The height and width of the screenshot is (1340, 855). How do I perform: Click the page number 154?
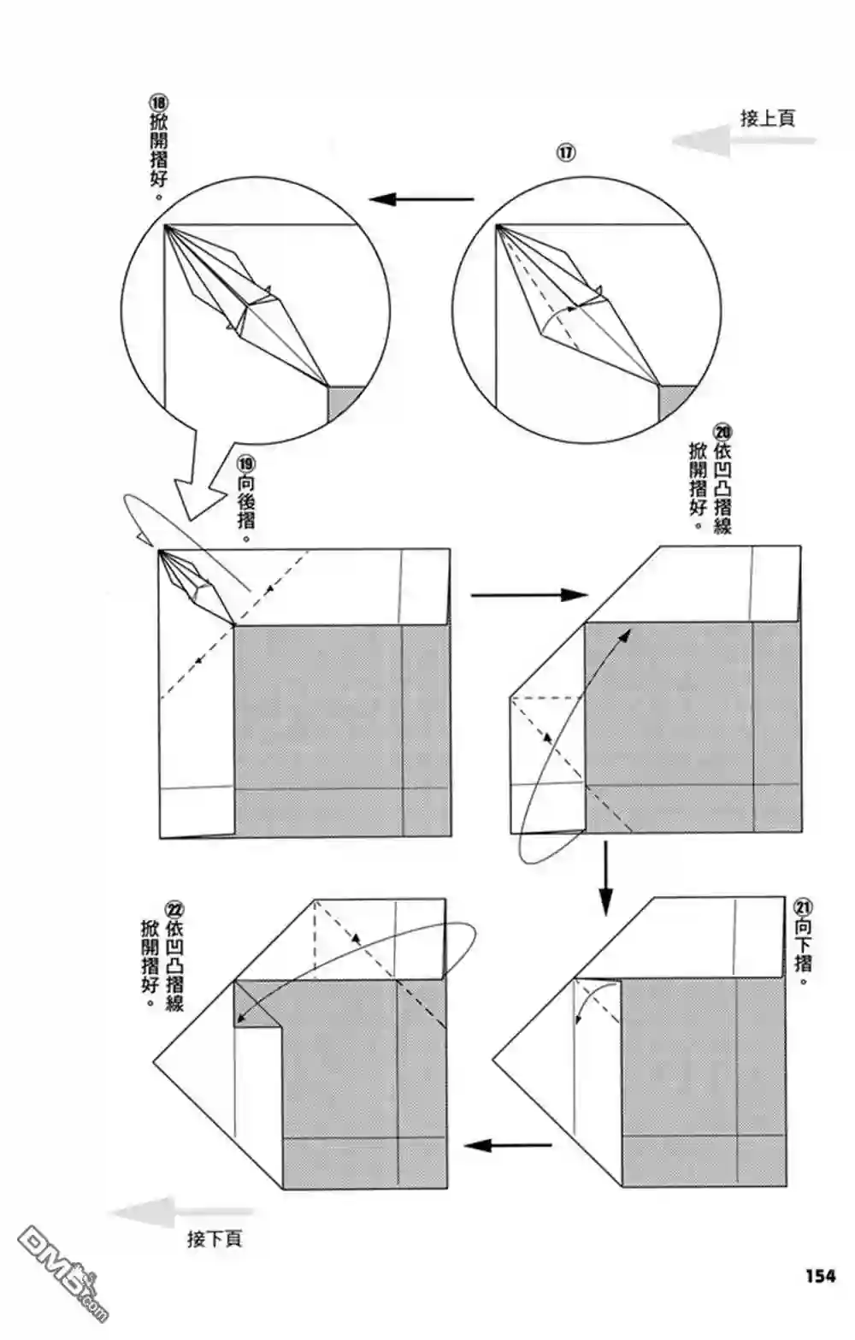coord(819,1276)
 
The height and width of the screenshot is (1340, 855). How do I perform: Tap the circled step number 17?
coord(566,153)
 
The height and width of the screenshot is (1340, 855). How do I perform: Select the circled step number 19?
coord(246,463)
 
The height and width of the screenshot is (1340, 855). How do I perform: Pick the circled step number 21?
coord(803,907)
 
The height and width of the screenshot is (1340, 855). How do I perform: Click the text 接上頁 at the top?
coord(767,118)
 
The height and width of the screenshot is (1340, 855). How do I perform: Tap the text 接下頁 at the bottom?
coord(214,1238)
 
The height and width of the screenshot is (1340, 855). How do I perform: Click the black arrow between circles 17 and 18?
coord(421,200)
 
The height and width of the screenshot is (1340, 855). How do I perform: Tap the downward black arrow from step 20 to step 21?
coord(605,877)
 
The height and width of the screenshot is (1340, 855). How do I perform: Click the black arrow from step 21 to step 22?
coord(508,1145)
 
